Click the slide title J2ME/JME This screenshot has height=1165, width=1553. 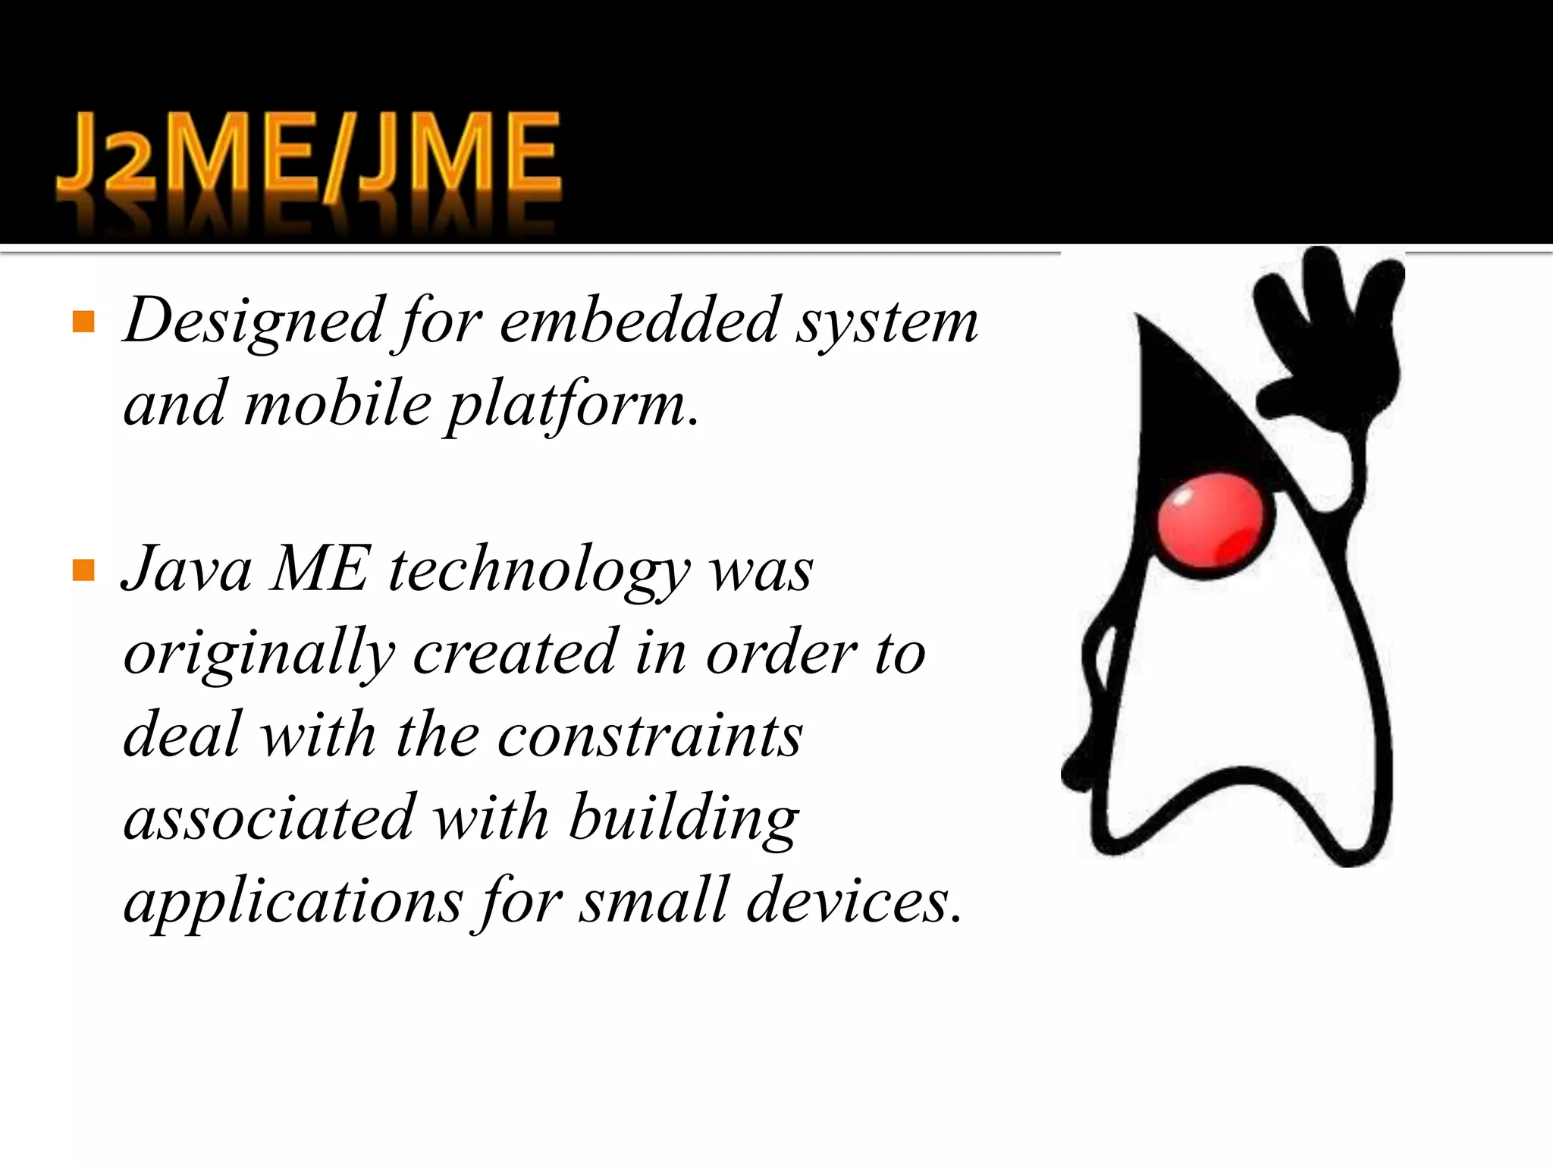309,159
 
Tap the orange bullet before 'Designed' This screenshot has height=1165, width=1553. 83,322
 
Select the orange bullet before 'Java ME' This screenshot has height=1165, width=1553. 83,570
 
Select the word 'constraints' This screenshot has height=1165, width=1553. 650,736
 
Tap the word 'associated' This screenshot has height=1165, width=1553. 270,818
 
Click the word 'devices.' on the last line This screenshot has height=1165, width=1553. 854,901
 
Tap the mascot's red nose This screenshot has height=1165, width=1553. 1210,527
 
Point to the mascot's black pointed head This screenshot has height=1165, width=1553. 1183,410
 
